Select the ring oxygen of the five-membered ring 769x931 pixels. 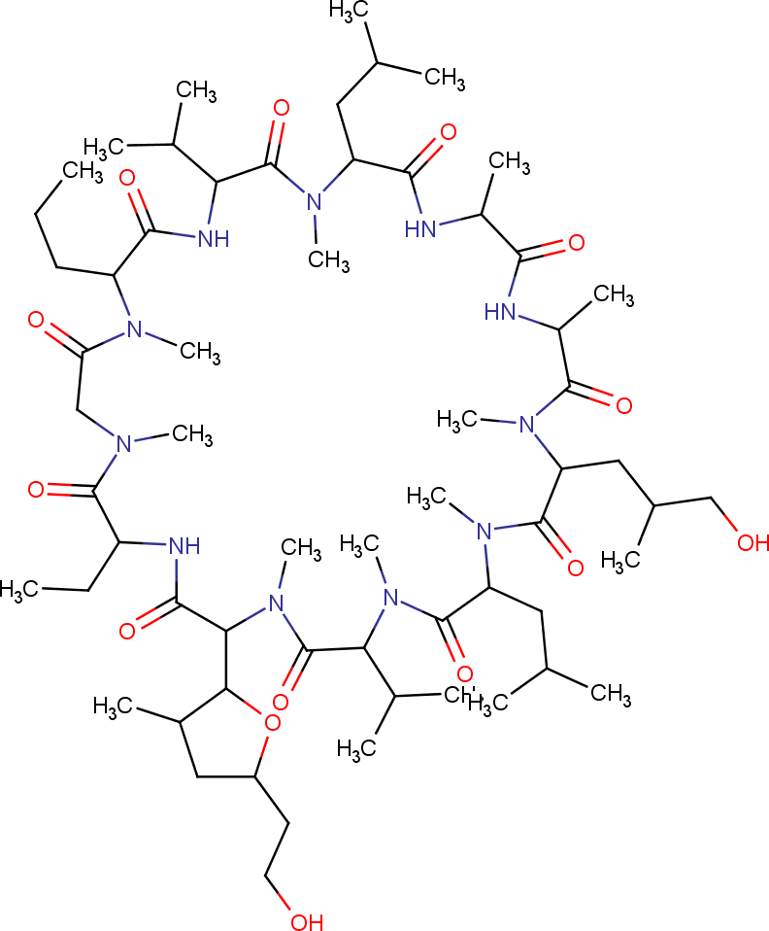pos(271,721)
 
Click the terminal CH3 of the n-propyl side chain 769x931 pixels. pos(83,171)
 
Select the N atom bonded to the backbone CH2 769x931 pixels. pos(123,443)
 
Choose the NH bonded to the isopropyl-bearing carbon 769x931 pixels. pos(212,239)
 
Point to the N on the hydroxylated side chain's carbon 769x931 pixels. pos(529,425)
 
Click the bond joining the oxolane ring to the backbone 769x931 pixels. pos(227,660)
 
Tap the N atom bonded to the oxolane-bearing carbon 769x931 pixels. pos(275,603)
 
